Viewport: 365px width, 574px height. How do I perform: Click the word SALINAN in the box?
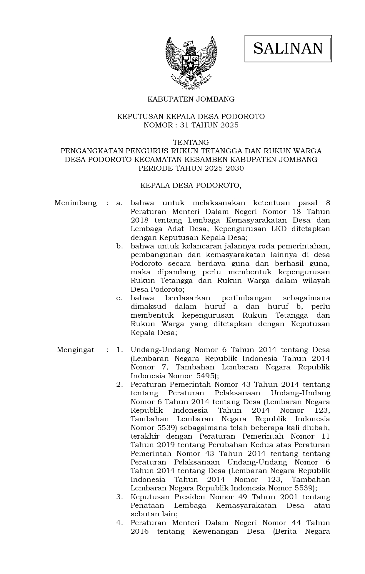(x=288, y=48)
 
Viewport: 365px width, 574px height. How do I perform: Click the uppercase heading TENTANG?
(x=191, y=142)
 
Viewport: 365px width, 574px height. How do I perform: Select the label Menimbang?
(x=76, y=203)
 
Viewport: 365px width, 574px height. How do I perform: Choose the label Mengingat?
(x=76, y=350)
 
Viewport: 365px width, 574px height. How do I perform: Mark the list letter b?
(x=119, y=246)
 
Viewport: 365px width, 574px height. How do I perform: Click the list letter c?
(x=119, y=298)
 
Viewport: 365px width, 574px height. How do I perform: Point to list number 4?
(x=119, y=523)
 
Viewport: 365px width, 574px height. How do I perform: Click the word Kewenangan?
(x=215, y=531)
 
